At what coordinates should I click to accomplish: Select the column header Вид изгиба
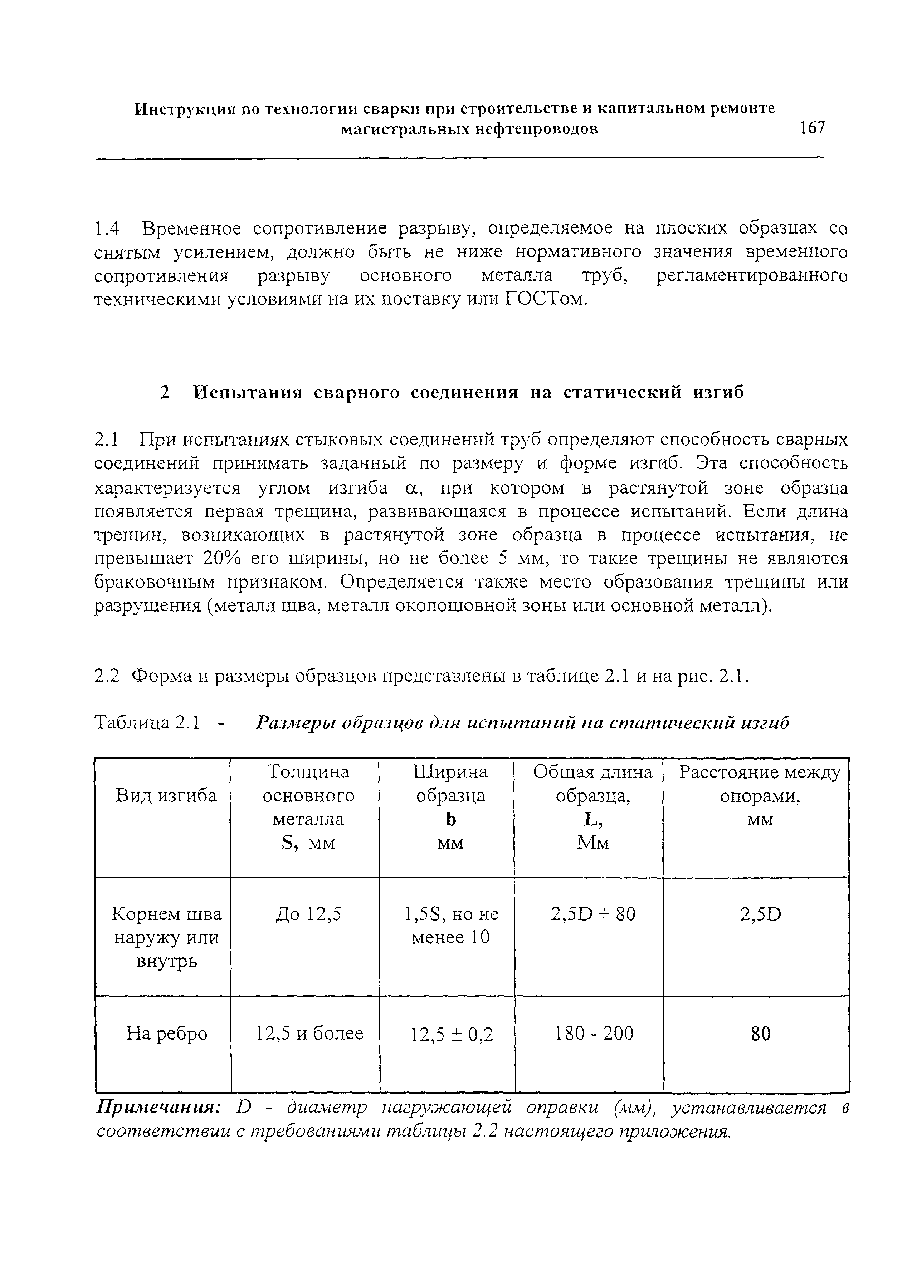pyautogui.click(x=166, y=796)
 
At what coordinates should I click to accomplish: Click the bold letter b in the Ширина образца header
pyautogui.click(x=450, y=819)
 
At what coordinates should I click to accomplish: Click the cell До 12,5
pyautogui.click(x=308, y=914)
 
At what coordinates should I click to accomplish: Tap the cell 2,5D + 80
pyautogui.click(x=593, y=914)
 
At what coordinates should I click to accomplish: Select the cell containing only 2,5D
pyautogui.click(x=760, y=914)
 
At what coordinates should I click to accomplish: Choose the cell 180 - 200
pyautogui.click(x=594, y=1033)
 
